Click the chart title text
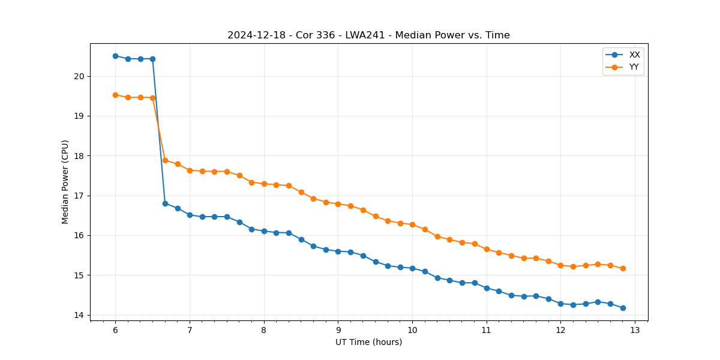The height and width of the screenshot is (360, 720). click(368, 35)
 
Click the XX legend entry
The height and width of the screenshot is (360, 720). click(634, 55)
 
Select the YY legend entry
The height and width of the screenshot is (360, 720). click(634, 67)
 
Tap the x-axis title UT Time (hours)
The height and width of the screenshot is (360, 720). click(368, 342)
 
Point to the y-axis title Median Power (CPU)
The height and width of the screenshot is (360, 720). click(65, 182)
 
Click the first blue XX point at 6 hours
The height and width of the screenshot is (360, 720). click(115, 56)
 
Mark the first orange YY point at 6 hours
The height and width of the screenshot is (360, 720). click(115, 95)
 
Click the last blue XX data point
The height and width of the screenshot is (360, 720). click(623, 308)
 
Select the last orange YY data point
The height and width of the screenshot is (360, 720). click(623, 268)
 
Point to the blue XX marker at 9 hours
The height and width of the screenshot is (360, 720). click(338, 251)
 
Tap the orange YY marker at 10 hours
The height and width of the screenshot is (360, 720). click(412, 224)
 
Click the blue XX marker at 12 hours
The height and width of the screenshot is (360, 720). click(560, 304)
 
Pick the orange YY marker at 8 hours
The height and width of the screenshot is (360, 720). click(264, 184)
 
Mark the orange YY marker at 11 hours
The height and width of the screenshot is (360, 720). click(487, 249)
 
